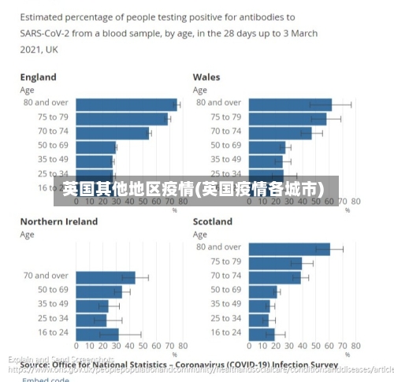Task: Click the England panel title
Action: click(x=38, y=77)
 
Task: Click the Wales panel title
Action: click(x=206, y=77)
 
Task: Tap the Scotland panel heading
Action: click(x=213, y=221)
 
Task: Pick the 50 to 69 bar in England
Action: click(x=95, y=146)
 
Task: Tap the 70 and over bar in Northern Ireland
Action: click(x=106, y=277)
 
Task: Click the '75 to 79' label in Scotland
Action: click(x=226, y=261)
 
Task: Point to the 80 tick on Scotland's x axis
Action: click(x=355, y=346)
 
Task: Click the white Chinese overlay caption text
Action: click(x=193, y=190)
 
